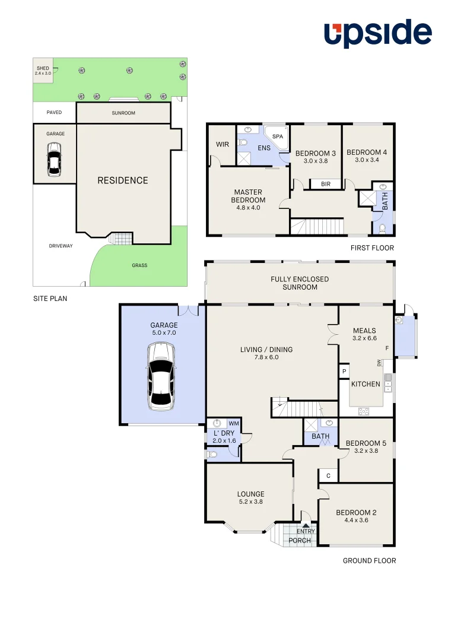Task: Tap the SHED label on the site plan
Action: click(43, 68)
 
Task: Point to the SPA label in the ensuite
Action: click(278, 137)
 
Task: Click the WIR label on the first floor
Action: click(223, 144)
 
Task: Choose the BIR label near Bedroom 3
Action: click(325, 184)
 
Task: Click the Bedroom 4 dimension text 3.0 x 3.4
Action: click(367, 160)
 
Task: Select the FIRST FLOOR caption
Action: click(371, 248)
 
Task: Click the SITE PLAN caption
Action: click(50, 299)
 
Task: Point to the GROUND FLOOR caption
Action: click(369, 560)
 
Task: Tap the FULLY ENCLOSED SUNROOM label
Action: click(300, 283)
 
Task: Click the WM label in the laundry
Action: click(233, 423)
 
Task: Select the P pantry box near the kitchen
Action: click(344, 372)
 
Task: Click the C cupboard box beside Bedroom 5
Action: click(328, 475)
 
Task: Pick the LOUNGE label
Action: click(250, 494)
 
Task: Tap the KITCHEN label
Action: click(366, 384)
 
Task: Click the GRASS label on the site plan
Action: click(139, 265)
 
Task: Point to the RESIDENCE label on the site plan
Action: click(123, 180)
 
